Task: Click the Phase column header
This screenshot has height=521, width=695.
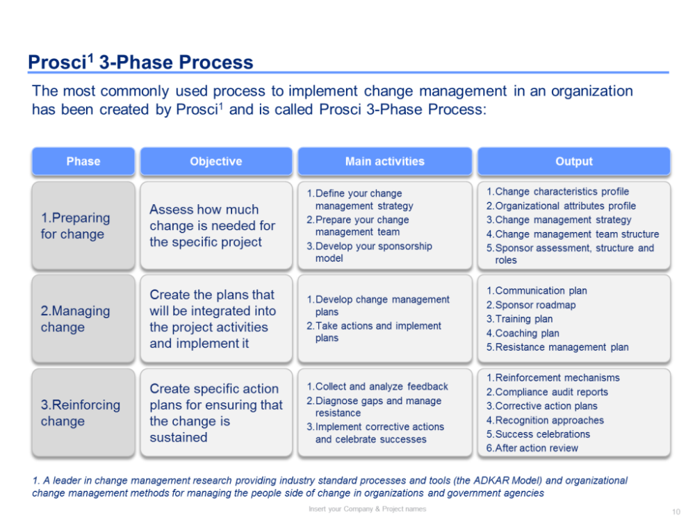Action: click(x=83, y=161)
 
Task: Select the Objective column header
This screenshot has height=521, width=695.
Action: click(x=216, y=161)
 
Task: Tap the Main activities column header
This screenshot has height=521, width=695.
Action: click(x=385, y=161)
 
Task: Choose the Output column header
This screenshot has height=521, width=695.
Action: click(x=573, y=161)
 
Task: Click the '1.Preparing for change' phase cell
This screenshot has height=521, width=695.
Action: click(x=83, y=226)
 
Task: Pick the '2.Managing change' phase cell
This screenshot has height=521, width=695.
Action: click(x=83, y=319)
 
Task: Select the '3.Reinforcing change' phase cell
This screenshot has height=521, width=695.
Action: click(x=83, y=413)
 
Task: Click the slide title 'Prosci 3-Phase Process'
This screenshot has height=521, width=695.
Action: click(x=140, y=62)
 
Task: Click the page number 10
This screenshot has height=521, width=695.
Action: click(x=676, y=512)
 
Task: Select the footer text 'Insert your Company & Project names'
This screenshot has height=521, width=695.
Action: click(x=368, y=509)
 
